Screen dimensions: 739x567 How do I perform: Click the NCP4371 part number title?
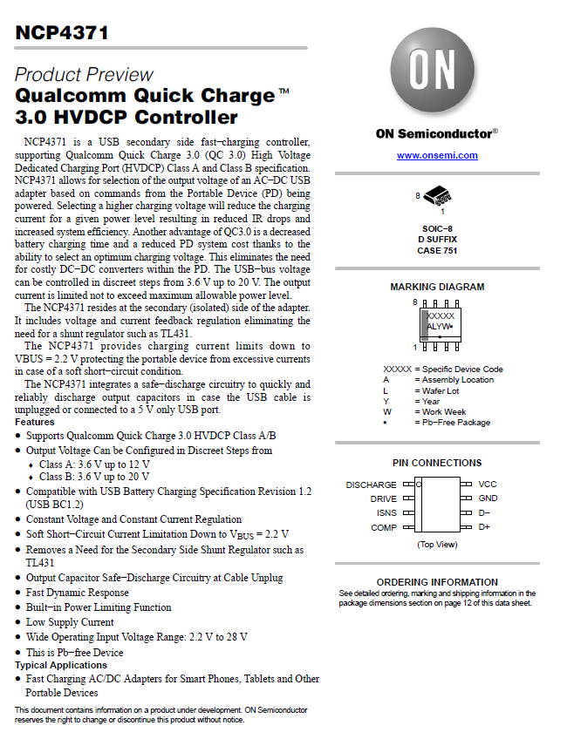[x=62, y=33]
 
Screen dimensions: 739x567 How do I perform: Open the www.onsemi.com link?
[x=437, y=155]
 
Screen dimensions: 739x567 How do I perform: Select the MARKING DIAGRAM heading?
[x=437, y=287]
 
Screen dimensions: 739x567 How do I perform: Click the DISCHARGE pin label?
[x=371, y=485]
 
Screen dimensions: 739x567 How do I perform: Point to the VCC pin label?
[x=488, y=485]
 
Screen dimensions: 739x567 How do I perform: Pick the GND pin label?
[x=488, y=498]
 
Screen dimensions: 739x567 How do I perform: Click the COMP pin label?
[x=384, y=527]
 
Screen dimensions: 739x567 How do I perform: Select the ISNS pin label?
[x=386, y=513]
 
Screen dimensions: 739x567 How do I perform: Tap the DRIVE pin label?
[x=383, y=499]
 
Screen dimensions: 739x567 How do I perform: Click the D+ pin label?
[x=484, y=527]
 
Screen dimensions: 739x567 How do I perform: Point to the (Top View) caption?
[x=437, y=544]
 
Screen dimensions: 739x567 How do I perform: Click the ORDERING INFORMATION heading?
[x=437, y=582]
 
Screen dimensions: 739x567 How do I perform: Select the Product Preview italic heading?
[x=84, y=74]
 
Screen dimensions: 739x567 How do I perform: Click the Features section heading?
[x=35, y=422]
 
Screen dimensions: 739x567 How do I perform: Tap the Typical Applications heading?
[x=61, y=665]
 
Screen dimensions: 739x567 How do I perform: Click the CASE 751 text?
[x=437, y=250]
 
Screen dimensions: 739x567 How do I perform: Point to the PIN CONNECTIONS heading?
[x=437, y=463]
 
